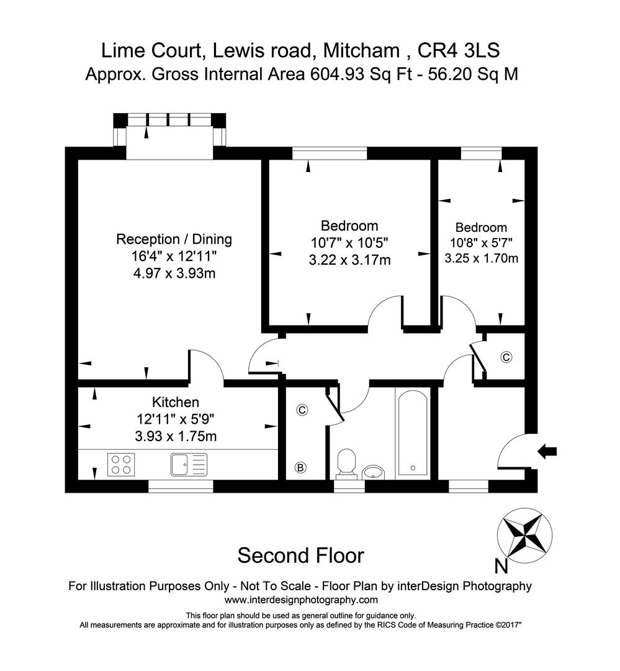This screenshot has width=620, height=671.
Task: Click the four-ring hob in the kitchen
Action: (x=121, y=464)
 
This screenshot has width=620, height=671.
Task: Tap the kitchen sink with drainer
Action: (x=189, y=464)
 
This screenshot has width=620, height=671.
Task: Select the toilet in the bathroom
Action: (x=346, y=463)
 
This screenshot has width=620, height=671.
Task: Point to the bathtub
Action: (x=413, y=432)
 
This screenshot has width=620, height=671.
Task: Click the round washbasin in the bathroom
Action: (x=373, y=472)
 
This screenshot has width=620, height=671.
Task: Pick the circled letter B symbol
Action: (x=300, y=467)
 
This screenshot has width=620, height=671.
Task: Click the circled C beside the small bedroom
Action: (x=506, y=357)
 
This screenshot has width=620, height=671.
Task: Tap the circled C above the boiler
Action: (x=302, y=410)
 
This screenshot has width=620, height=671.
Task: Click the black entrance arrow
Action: (x=547, y=451)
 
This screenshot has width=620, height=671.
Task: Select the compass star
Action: (x=524, y=535)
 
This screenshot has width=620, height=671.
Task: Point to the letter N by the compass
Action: (x=501, y=567)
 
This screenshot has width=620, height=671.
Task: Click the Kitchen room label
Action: (x=176, y=402)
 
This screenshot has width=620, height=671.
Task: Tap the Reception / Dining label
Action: (x=174, y=239)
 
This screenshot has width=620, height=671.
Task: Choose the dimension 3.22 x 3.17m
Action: (x=350, y=260)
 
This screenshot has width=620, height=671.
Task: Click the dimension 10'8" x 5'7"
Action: (x=481, y=243)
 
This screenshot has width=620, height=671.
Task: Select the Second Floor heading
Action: (x=300, y=555)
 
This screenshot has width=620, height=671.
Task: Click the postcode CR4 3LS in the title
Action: (x=459, y=50)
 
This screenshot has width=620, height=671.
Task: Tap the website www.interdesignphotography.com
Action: (x=301, y=600)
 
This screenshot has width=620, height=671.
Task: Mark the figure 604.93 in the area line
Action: (x=338, y=74)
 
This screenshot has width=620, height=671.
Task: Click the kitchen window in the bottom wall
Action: (x=181, y=486)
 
